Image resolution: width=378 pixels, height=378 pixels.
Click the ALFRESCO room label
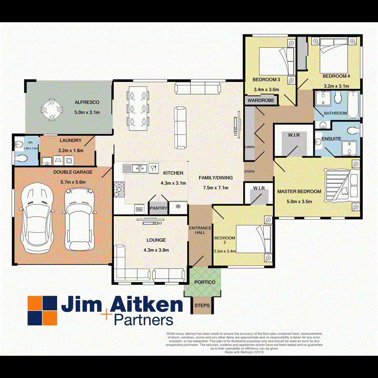tap(87, 102)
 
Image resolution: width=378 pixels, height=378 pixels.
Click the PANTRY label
tap(158, 208)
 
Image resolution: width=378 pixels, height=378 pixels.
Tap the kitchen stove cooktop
tap(119, 189)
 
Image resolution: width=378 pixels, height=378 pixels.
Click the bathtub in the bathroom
tap(352, 105)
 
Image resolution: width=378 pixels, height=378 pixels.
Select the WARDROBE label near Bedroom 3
tap(260, 101)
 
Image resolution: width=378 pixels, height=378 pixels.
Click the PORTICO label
tap(205, 282)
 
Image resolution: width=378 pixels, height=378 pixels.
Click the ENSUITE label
tap(331, 139)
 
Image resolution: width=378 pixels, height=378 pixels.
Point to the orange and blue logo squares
tap(42, 310)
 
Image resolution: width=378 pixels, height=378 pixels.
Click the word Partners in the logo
tap(143, 320)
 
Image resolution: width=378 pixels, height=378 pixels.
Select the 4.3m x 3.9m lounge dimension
tap(156, 250)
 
